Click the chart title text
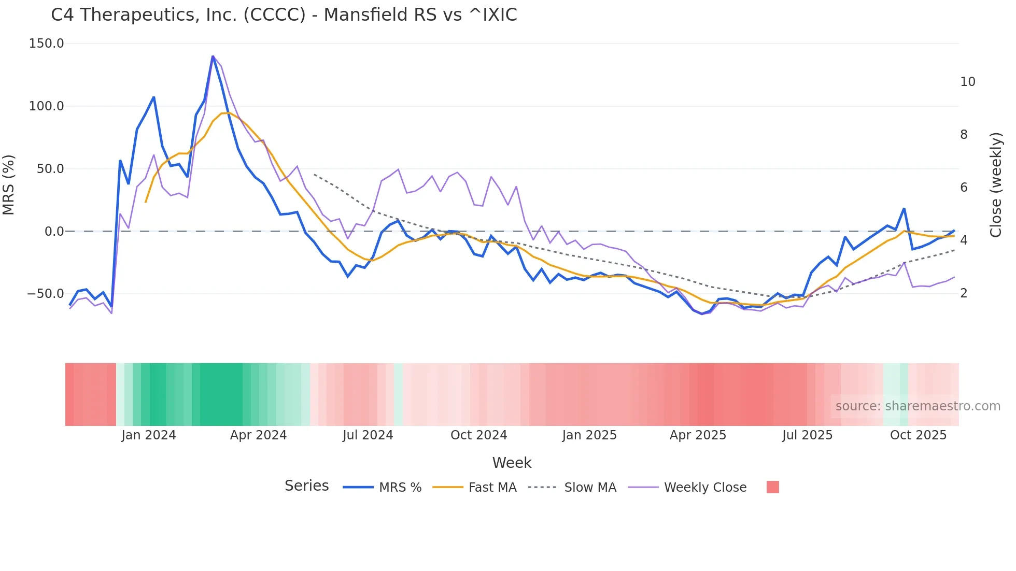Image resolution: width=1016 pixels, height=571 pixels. [x=284, y=15]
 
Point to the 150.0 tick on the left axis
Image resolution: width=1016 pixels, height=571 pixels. [x=47, y=44]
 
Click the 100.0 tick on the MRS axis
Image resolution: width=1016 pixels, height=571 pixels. [x=47, y=106]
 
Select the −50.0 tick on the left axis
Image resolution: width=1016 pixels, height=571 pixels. [x=46, y=294]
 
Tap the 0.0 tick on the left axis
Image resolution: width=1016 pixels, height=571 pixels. [x=54, y=232]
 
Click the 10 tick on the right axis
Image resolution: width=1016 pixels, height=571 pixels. [x=967, y=82]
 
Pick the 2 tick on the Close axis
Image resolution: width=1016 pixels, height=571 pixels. [x=964, y=293]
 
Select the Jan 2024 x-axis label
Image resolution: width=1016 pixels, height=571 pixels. [x=149, y=435]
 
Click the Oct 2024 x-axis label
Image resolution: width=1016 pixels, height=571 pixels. [x=478, y=435]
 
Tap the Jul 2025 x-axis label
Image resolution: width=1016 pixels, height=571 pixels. [x=807, y=435]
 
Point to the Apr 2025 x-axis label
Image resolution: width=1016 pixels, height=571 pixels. [x=698, y=435]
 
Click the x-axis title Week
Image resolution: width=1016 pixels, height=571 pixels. [x=512, y=463]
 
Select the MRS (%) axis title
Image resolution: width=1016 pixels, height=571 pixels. [x=9, y=185]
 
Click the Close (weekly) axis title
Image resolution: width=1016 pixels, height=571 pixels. [x=995, y=185]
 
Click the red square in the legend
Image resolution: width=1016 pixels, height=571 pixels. [x=772, y=487]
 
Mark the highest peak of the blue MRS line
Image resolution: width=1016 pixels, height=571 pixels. [x=213, y=56]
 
